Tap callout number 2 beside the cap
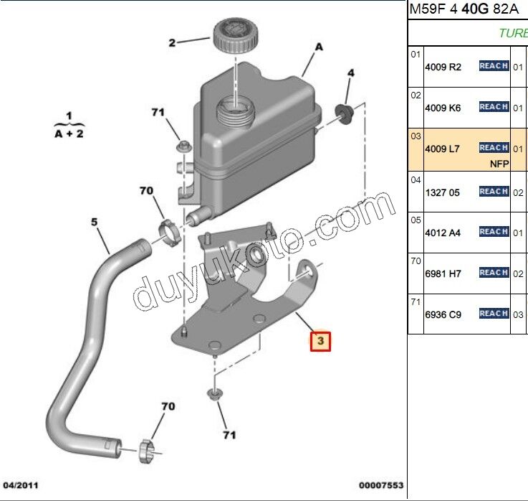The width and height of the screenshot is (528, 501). point(172,43)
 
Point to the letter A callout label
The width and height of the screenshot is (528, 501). point(318,47)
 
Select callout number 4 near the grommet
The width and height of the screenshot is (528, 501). point(351,73)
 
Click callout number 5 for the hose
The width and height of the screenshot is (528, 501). point(93,223)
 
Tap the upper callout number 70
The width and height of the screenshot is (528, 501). point(146,191)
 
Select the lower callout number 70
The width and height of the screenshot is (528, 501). point(168,407)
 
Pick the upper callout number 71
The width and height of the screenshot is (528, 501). point(158,112)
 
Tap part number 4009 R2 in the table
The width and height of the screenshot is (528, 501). point(443,67)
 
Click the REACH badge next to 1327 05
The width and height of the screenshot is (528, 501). point(494,192)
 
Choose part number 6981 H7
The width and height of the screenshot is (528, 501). point(443,273)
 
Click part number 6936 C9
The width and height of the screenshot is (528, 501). point(443,314)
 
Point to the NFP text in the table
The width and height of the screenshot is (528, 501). point(499,164)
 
